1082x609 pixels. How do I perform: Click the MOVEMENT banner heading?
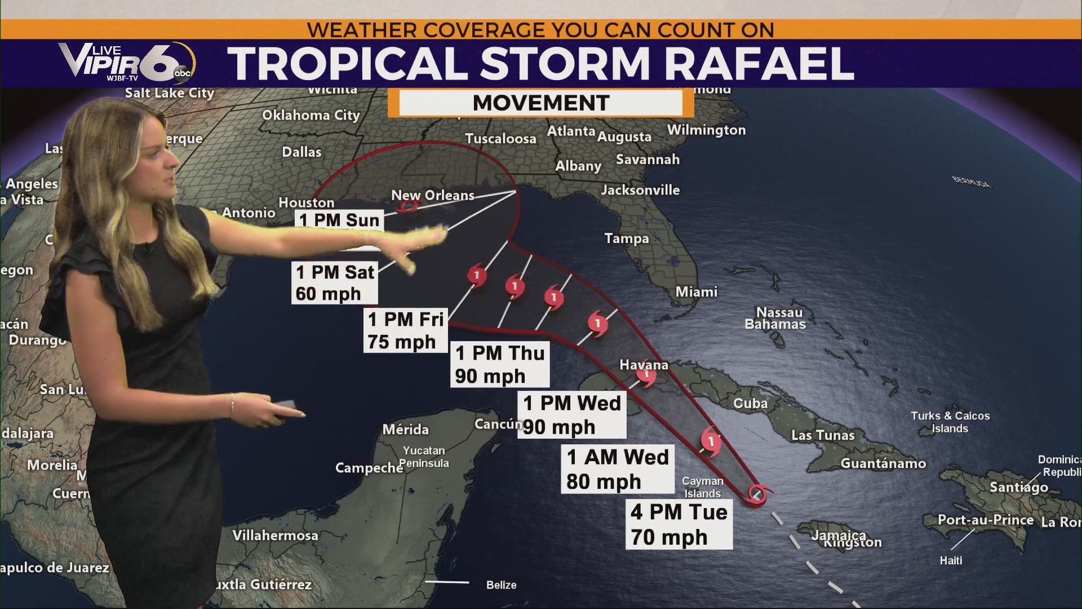pyautogui.click(x=541, y=103)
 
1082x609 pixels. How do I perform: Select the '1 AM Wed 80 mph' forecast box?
pyautogui.click(x=618, y=469)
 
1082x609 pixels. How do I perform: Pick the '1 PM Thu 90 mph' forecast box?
pyautogui.click(x=500, y=364)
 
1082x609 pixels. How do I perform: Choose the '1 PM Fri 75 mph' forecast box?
pyautogui.click(x=406, y=330)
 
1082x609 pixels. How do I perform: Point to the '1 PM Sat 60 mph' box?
pyautogui.click(x=335, y=283)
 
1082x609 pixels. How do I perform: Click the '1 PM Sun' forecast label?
pyautogui.click(x=339, y=220)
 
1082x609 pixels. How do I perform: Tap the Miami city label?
pyautogui.click(x=697, y=292)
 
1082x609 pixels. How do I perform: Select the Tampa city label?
pyautogui.click(x=626, y=239)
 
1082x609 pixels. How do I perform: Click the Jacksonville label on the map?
pyautogui.click(x=640, y=190)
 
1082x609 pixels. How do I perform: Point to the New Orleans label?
pyautogui.click(x=433, y=195)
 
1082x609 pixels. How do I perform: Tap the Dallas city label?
pyautogui.click(x=301, y=152)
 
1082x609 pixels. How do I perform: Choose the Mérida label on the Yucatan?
pyautogui.click(x=405, y=430)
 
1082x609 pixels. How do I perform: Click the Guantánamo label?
pyautogui.click(x=883, y=464)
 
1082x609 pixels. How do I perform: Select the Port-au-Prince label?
pyautogui.click(x=985, y=520)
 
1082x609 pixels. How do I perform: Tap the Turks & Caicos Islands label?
pyautogui.click(x=950, y=422)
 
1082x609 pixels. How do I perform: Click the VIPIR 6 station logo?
pyautogui.click(x=127, y=62)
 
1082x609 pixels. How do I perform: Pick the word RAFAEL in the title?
pyautogui.click(x=759, y=63)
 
